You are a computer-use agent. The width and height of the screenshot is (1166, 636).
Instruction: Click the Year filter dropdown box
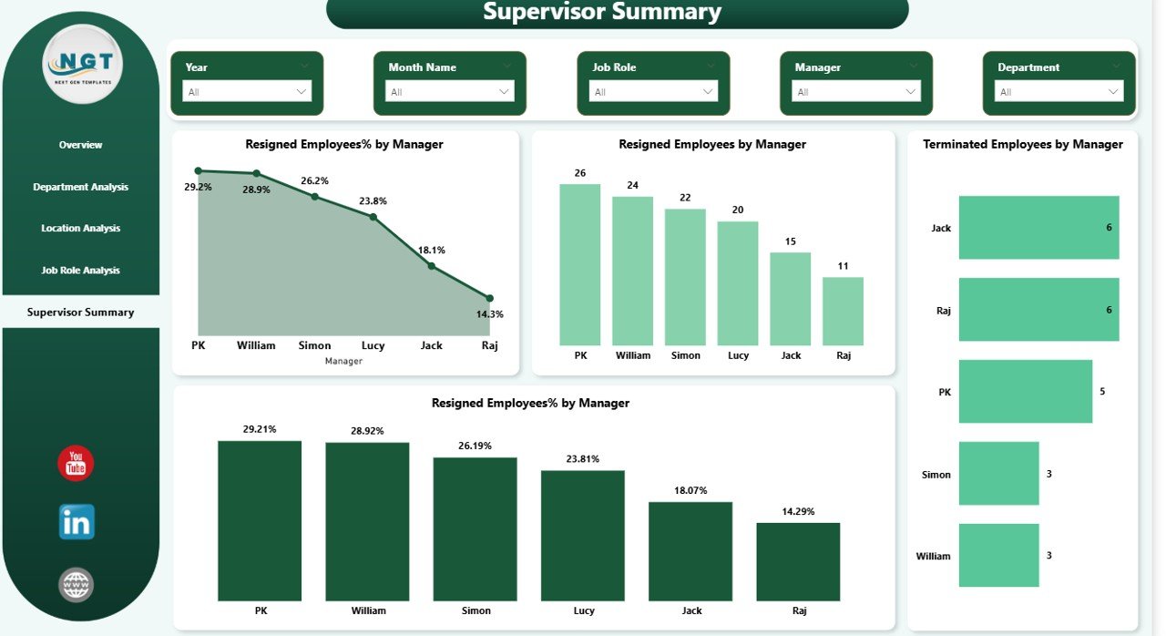click(x=247, y=91)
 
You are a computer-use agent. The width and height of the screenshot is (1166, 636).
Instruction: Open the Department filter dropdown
click(x=1059, y=91)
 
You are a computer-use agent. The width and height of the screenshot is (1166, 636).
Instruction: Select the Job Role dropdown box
click(x=653, y=91)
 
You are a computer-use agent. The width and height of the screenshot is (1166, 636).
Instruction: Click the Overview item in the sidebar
click(x=80, y=145)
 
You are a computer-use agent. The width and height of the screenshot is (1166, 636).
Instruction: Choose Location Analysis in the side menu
click(x=80, y=228)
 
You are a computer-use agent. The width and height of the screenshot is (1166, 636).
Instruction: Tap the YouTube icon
click(x=76, y=464)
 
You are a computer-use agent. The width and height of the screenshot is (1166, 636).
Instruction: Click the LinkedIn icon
click(x=77, y=522)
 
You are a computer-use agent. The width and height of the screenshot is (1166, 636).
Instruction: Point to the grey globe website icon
click(x=77, y=584)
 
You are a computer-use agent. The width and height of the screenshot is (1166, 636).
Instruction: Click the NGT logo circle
click(x=83, y=65)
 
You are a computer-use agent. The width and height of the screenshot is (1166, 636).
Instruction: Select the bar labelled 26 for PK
click(x=580, y=264)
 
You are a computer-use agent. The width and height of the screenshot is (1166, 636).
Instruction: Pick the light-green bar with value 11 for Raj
click(x=843, y=311)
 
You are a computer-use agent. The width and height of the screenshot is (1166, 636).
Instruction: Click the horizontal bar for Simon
click(x=998, y=474)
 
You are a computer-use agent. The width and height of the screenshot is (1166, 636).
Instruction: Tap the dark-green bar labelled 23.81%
click(x=583, y=535)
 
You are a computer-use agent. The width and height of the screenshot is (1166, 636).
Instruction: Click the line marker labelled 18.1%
click(x=432, y=266)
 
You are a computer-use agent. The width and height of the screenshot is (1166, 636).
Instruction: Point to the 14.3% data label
click(x=489, y=314)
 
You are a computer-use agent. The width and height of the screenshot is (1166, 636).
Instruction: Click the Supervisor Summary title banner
click(x=617, y=13)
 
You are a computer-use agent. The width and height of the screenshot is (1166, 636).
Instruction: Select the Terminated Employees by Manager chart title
click(x=1023, y=144)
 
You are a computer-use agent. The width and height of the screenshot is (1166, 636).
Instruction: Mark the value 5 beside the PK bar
click(x=1102, y=392)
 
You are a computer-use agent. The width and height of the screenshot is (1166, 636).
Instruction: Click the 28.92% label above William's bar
click(x=367, y=431)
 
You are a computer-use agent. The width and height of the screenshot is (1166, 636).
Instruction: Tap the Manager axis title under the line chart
click(x=343, y=361)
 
